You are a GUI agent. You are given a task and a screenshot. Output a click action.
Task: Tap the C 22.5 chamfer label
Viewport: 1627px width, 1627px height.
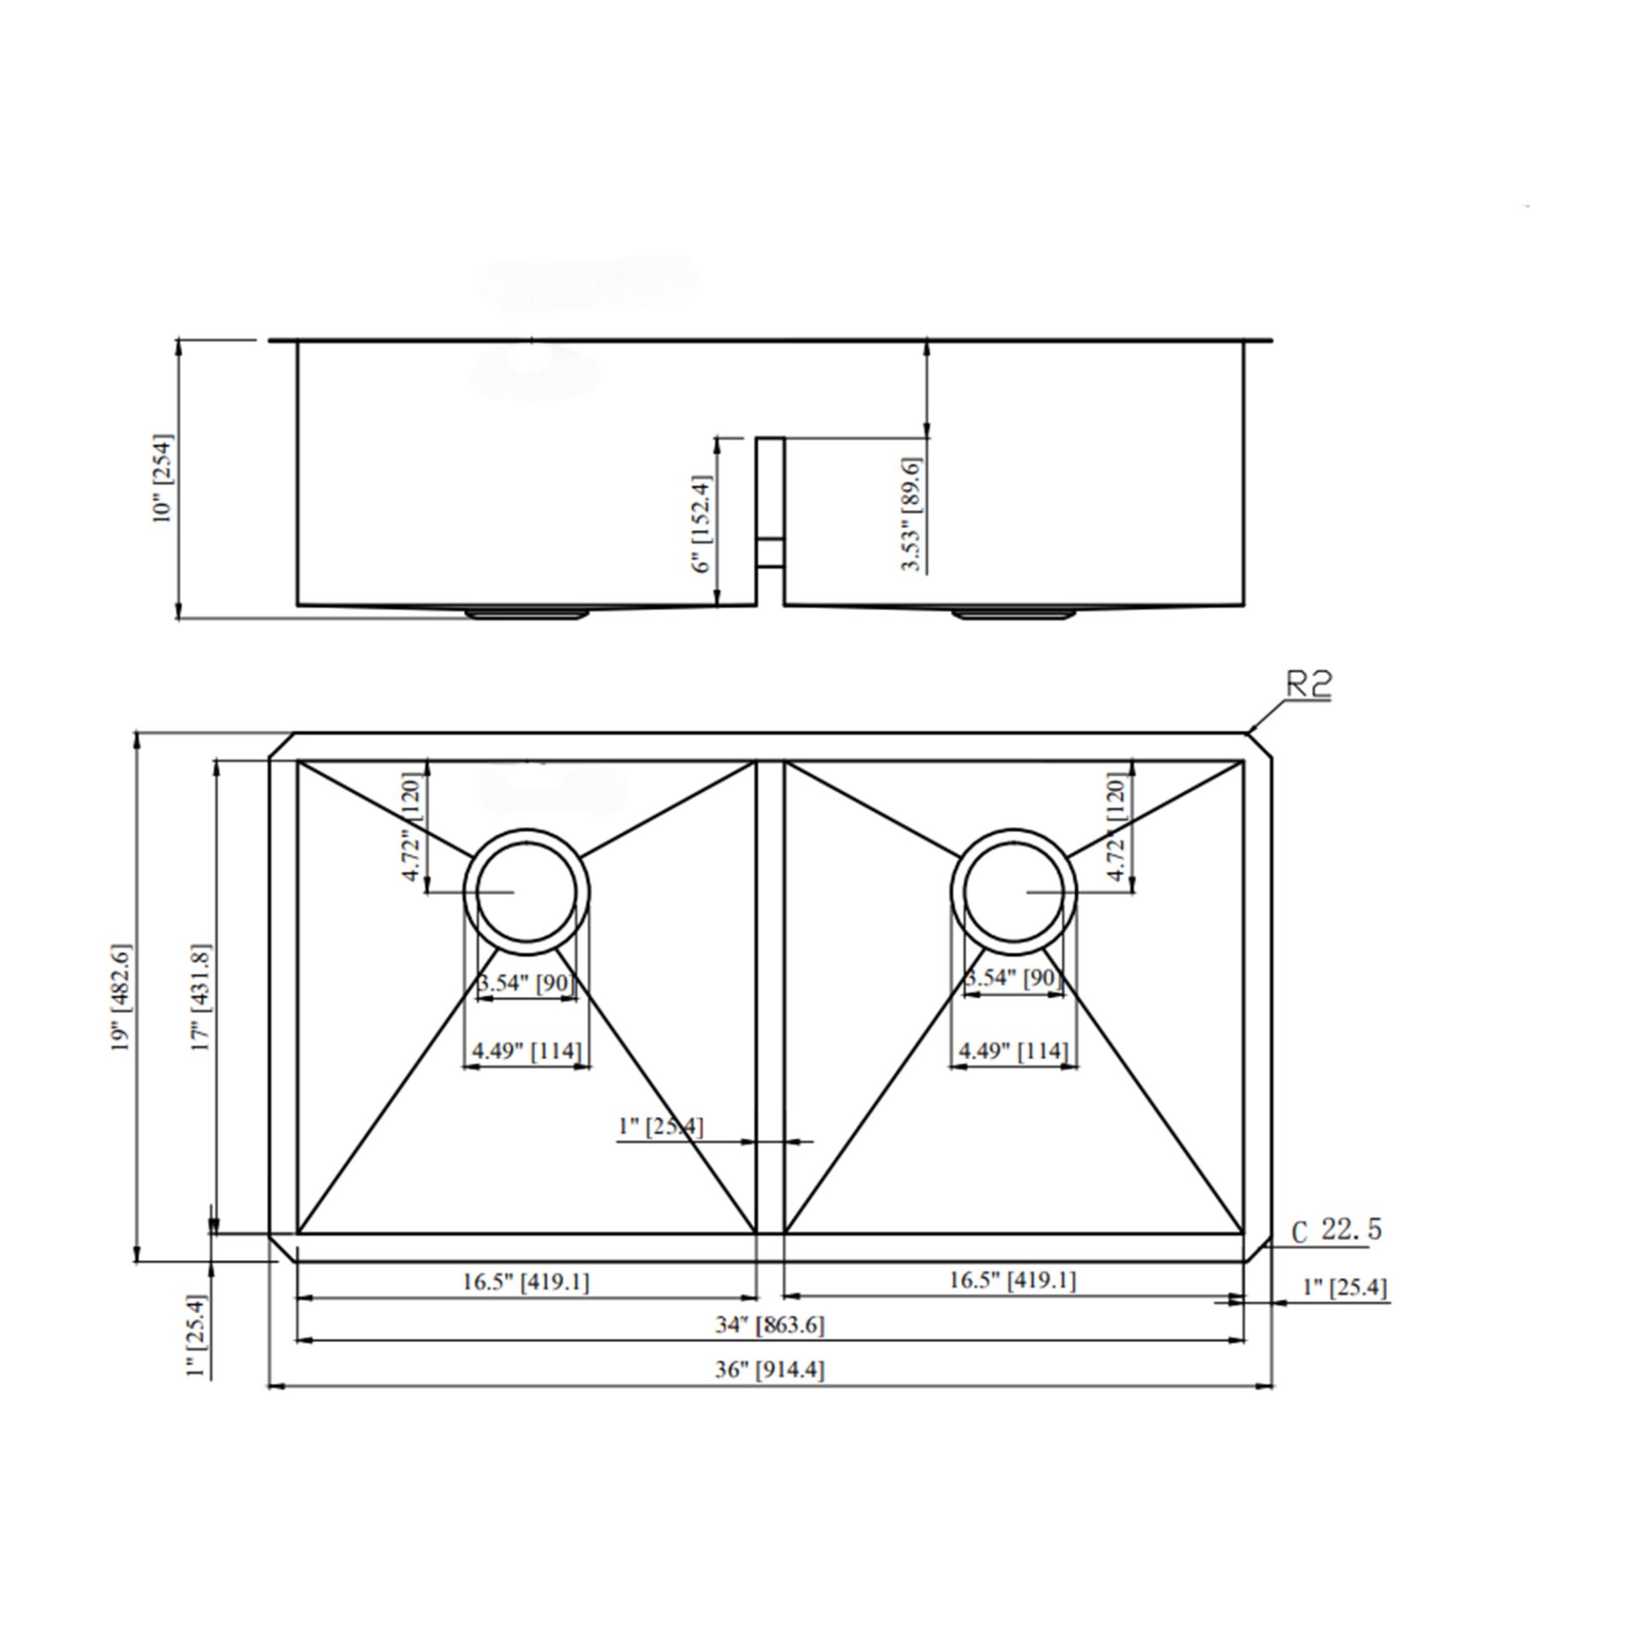(1336, 1230)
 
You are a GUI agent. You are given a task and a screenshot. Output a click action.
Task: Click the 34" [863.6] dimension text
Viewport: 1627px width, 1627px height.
(769, 1324)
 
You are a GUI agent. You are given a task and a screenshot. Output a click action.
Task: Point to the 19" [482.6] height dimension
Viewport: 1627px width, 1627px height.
(123, 997)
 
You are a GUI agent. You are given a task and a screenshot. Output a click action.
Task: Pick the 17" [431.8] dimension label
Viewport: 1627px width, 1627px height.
(202, 997)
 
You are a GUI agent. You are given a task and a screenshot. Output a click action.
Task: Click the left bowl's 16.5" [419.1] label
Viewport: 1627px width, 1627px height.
(525, 1282)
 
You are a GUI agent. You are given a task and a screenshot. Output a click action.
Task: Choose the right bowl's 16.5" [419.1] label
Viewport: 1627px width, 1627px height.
(1012, 1280)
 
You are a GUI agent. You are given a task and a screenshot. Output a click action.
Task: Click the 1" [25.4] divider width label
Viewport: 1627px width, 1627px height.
(661, 1127)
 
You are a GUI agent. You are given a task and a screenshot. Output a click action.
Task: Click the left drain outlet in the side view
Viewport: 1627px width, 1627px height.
(527, 613)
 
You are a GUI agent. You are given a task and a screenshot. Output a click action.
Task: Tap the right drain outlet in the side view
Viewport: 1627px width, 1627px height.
(1013, 613)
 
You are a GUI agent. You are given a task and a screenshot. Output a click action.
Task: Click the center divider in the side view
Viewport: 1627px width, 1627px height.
(769, 521)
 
